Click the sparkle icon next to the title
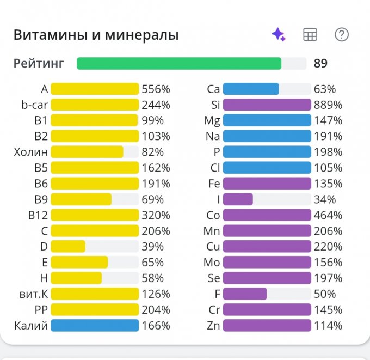coord(279,35)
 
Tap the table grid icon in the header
coord(310,35)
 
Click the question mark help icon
coord(341,35)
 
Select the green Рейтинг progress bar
coord(179,63)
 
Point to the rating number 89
coord(320,64)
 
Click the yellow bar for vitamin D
coord(68,247)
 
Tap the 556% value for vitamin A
coord(156,89)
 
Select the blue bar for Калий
coord(95,326)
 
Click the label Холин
coord(31,152)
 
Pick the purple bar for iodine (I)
coord(238,199)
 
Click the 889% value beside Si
coord(328,105)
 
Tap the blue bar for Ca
coord(251,89)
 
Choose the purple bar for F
coord(245,294)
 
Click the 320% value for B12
coord(156,215)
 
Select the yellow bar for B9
coord(81,199)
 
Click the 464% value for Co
coord(328,215)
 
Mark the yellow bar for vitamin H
coord(76,278)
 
